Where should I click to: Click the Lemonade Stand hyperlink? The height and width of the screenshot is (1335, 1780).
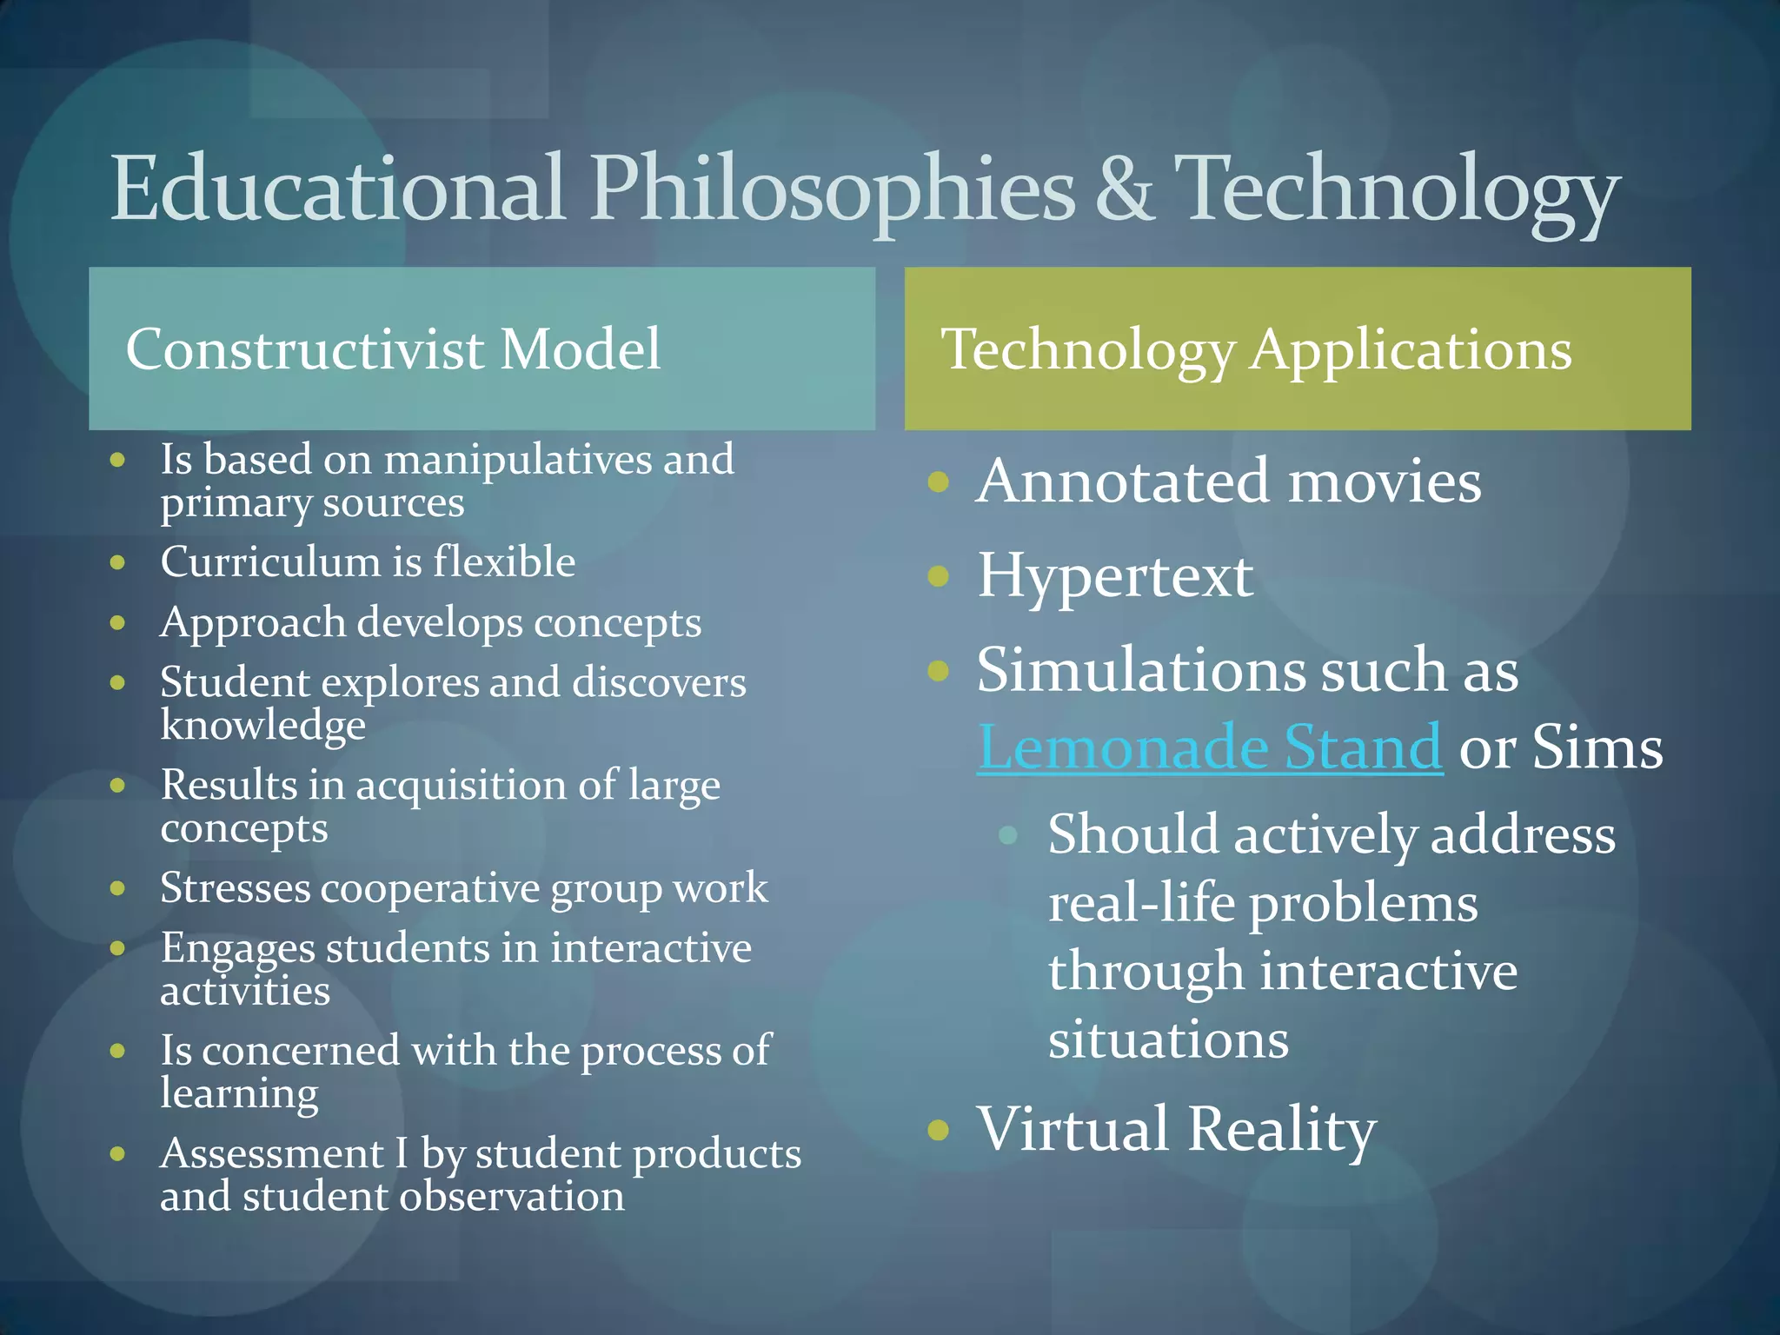[1209, 747]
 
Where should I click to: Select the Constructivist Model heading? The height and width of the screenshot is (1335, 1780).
[393, 349]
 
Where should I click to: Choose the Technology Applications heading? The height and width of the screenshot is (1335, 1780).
[1256, 350]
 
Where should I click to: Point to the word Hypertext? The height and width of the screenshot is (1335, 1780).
[1115, 577]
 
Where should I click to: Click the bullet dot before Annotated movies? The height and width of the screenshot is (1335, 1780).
[938, 482]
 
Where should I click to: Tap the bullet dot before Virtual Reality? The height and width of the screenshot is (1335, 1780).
[938, 1129]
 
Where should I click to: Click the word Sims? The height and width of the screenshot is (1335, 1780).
[1597, 747]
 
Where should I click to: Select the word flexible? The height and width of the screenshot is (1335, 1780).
[504, 561]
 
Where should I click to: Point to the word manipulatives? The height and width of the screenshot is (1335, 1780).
[519, 459]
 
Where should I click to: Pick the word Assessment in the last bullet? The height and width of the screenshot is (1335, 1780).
[272, 1153]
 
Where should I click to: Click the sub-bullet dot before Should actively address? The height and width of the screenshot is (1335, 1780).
[1008, 835]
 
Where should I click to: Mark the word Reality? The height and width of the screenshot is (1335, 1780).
[1281, 1130]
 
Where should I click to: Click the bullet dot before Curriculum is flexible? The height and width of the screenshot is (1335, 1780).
[118, 562]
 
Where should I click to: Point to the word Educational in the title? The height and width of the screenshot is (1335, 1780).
[339, 189]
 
